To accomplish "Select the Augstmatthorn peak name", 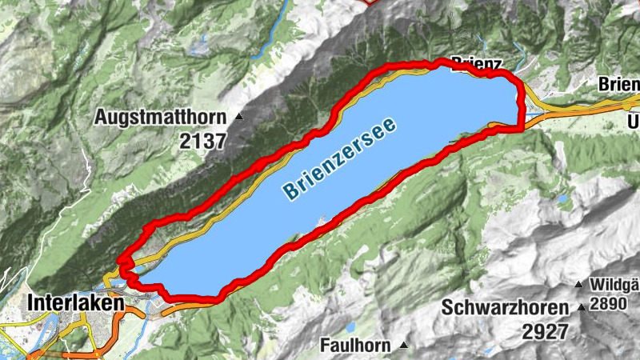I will pos(161,117).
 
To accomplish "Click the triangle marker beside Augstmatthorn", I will pos(238,117).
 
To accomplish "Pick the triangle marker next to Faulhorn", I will pos(404,346).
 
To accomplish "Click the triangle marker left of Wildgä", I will pos(578,284).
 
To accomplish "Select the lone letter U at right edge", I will pos(634,122).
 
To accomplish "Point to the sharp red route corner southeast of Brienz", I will pos(522,126).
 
